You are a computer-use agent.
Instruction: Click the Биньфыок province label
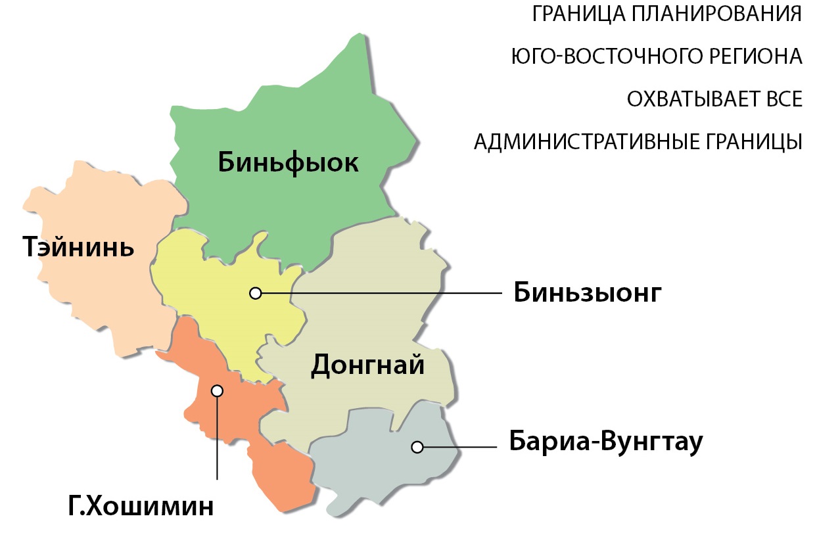[288, 162]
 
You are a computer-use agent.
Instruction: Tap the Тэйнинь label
[78, 247]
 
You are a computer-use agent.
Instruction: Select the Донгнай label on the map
[367, 365]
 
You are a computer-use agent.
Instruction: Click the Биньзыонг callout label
[587, 293]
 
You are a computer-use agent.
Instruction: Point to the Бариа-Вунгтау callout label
[606, 442]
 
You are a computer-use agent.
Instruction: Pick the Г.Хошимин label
[141, 507]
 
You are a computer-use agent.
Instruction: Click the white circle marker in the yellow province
[256, 293]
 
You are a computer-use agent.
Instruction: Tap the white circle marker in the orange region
[217, 390]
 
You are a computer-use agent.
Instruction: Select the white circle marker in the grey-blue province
[417, 447]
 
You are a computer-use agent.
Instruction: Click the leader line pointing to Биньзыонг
[381, 293]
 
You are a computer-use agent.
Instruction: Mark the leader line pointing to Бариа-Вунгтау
[460, 447]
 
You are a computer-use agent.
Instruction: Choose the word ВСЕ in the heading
[780, 99]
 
